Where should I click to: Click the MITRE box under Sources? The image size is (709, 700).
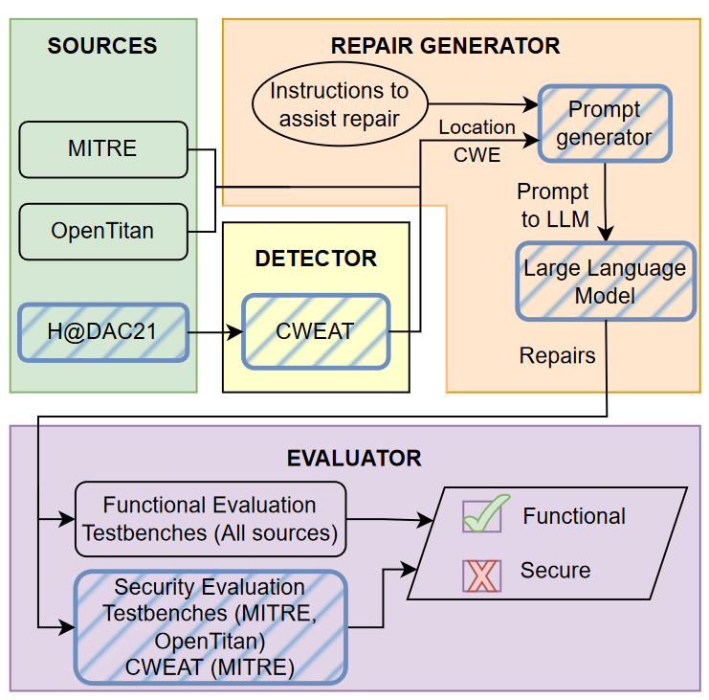coord(103,149)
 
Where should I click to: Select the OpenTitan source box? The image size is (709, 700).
coord(103,231)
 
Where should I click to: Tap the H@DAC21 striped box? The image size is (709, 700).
coord(103,332)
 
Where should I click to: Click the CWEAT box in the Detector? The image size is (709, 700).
coord(316,332)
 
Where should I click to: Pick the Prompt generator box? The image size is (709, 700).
coord(604,123)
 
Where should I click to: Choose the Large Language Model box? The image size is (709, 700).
coord(604,281)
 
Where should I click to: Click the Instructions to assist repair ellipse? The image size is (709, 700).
coord(339,105)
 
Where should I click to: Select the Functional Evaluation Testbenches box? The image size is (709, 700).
coord(210,519)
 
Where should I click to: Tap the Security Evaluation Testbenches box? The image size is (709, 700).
coord(210,627)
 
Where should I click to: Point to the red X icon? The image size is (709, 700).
coord(481,573)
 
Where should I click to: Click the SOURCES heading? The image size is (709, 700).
coord(102,46)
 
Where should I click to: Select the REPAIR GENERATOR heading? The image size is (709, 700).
coord(445,46)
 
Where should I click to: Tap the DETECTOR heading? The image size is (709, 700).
coord(316,259)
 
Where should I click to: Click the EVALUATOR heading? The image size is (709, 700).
coord(354,458)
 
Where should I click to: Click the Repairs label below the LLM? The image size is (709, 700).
coord(557,356)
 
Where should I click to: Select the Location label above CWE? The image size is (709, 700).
coord(476,127)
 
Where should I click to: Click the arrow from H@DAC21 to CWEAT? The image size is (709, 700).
coord(215,332)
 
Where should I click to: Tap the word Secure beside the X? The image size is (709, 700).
coord(555,571)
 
